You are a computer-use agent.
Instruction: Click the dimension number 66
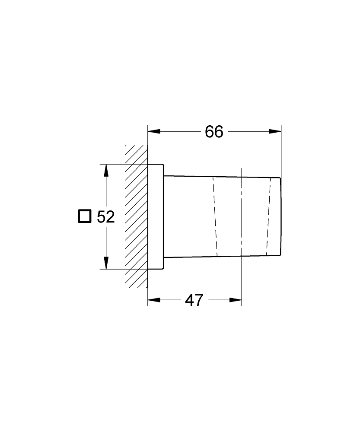point(214,132)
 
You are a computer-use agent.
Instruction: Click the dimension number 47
point(194,300)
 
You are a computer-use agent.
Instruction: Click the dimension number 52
point(105,217)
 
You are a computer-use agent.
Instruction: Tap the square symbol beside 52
point(85,216)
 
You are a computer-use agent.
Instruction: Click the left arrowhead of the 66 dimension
point(153,132)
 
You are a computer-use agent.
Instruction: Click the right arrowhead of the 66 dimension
point(275,132)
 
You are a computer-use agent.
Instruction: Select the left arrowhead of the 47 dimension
point(153,300)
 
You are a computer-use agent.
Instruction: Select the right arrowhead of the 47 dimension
point(236,300)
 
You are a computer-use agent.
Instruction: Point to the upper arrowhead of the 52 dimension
point(106,170)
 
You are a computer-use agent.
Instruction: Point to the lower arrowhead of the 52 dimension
point(106,263)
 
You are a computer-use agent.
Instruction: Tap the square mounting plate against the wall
point(156,216)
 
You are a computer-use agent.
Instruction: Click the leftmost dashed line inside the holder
point(215,216)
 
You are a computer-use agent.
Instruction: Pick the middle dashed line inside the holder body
point(242,216)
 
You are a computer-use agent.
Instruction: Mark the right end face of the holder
point(281,216)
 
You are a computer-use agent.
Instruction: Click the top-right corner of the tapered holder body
point(281,178)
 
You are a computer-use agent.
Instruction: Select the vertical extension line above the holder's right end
point(281,151)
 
